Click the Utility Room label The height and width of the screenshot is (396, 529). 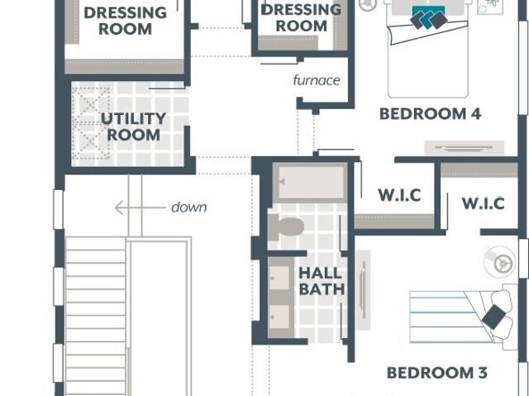pos(134,126)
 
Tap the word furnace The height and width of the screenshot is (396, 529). pos(317,80)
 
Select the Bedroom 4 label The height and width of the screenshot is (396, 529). pos(430,114)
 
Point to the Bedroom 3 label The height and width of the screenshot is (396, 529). pos(437,373)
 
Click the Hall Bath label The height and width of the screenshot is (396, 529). pos(322,281)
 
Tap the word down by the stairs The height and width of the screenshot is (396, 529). pos(189,208)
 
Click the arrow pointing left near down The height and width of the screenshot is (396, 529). pos(140,208)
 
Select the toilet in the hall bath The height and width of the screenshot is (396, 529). pos(286,227)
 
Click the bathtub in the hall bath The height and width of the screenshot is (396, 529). pos(310,183)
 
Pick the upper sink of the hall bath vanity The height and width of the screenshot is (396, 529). pos(279,278)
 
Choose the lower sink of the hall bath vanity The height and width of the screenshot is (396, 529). pos(279,317)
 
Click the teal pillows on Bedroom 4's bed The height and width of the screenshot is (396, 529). pos(429,17)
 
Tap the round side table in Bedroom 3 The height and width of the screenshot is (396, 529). pos(499,261)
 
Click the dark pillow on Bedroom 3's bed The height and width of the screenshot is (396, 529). pos(494,317)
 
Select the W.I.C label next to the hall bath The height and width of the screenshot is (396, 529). pos(399,195)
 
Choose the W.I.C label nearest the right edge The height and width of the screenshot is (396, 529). pos(483,203)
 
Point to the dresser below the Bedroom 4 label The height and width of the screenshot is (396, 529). pos(464,148)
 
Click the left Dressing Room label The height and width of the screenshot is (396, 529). pos(125,21)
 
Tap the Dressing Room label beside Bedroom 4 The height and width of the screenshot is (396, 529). pos(301,18)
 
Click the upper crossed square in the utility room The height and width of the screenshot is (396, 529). pos(91,105)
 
